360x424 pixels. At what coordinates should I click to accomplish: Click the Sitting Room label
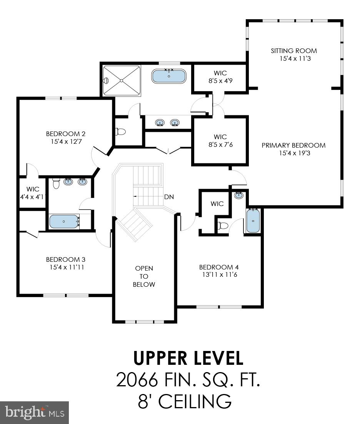tap(293, 51)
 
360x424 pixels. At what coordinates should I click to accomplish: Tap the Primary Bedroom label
tap(293, 145)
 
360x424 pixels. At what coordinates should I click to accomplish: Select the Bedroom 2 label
tap(65, 134)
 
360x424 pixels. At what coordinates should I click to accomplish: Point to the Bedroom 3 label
tap(65, 259)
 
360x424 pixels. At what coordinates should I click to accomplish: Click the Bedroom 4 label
tap(216, 267)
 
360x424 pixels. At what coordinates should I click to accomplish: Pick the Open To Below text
tap(144, 276)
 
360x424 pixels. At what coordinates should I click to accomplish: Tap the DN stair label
tap(169, 197)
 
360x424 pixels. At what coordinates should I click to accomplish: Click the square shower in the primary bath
tap(122, 81)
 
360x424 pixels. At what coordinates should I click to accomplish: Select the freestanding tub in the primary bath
tap(169, 76)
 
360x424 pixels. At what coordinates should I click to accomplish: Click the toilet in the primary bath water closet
tap(120, 132)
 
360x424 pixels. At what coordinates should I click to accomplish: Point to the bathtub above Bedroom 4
tap(252, 221)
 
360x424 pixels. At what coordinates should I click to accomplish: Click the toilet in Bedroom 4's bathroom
tap(223, 226)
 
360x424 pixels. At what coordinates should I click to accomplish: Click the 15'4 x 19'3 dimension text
tap(293, 153)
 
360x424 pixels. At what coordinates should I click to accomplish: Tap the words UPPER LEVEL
tap(188, 358)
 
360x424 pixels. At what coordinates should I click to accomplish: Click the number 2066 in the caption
tap(137, 380)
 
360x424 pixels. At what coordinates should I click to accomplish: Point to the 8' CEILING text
tap(185, 402)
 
